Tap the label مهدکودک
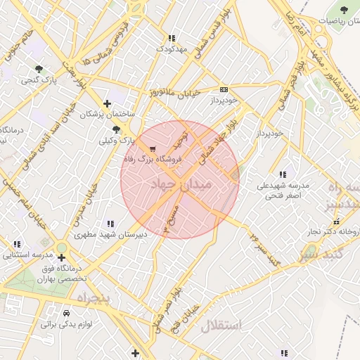pyautogui.click(x=172, y=49)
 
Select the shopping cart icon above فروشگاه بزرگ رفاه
pyautogui.click(x=153, y=148)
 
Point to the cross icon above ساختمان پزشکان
pyautogui.click(x=107, y=103)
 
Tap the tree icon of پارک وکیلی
pyautogui.click(x=116, y=129)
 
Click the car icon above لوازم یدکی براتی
pyautogui.click(x=66, y=313)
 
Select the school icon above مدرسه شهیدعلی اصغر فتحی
pyautogui.click(x=283, y=174)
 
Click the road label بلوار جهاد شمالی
pyautogui.click(x=226, y=140)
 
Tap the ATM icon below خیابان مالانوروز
pyautogui.click(x=224, y=89)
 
